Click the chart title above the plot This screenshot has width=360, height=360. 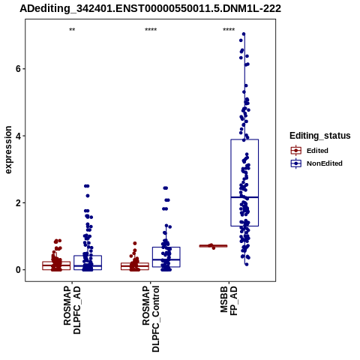coord(150,8)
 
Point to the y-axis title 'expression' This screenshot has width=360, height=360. coord(8,150)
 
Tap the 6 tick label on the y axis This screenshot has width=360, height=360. coord(18,69)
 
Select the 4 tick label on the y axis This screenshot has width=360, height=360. coord(18,136)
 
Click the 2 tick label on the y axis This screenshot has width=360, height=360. coord(18,202)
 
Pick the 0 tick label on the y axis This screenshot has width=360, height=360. coord(18,270)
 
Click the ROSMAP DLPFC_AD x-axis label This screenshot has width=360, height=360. coord(72,310)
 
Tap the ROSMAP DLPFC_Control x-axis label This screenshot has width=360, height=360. coord(151,319)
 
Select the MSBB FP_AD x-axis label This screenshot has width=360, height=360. coord(229,301)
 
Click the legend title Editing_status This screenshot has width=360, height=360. coord(319,136)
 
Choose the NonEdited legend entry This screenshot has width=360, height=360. coord(316,163)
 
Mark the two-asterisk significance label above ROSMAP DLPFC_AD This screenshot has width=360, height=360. coord(72,30)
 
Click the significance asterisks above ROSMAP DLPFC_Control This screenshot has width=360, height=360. coord(151,30)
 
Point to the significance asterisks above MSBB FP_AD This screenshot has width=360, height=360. coord(229,30)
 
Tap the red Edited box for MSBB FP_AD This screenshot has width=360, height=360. coord(213,246)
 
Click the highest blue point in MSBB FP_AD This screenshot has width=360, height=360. coord(244,34)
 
